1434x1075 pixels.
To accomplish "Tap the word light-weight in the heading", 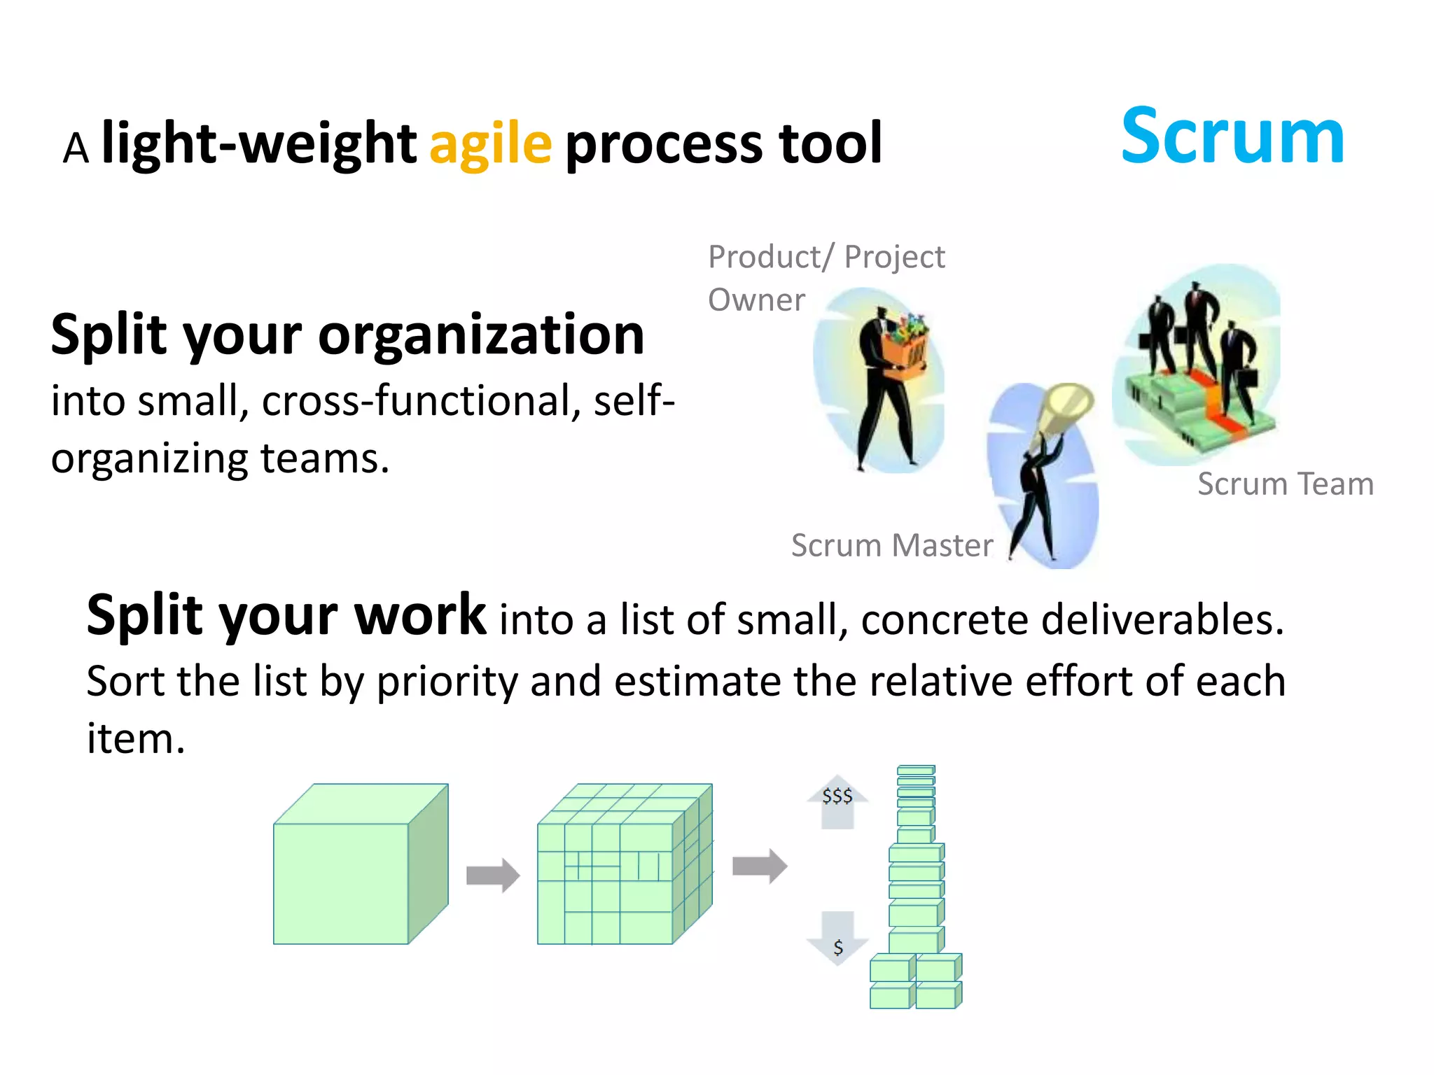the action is (259, 143).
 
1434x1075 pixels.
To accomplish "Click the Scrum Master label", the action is (891, 545).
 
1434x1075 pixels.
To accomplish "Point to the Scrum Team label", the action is (1286, 484).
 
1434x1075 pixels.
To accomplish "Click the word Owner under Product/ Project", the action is (756, 300).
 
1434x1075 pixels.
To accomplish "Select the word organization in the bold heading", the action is (481, 336).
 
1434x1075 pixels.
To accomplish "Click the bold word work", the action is (420, 615).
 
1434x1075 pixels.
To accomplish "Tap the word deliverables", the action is (1162, 620).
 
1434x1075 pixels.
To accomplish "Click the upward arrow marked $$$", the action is (837, 801).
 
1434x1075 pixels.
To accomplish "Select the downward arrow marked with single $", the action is (837, 938).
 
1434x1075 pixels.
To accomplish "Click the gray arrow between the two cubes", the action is (493, 875).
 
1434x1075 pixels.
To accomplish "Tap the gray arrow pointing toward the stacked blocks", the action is (760, 866).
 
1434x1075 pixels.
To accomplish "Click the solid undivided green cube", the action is (350, 875).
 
